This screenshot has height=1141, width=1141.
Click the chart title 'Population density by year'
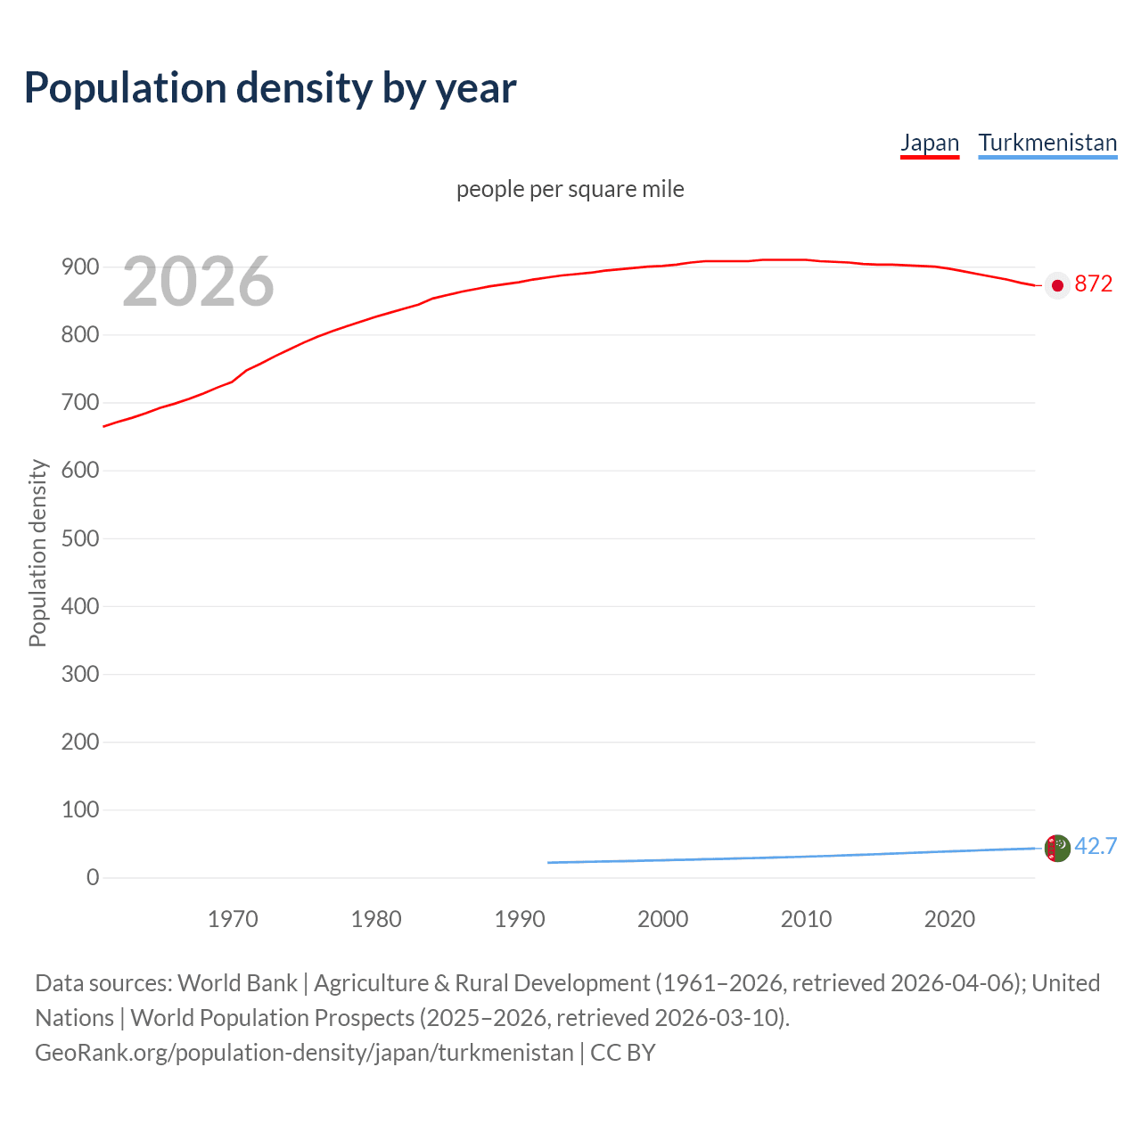pos(270,88)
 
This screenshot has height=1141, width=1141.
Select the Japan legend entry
pos(930,143)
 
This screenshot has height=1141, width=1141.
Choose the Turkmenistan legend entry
pos(1047,143)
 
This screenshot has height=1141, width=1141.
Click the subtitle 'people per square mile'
pos(570,190)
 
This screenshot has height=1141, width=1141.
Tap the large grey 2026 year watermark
pos(198,282)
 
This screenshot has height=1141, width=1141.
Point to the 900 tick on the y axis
pos(80,267)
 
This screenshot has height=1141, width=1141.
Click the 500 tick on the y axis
pos(80,538)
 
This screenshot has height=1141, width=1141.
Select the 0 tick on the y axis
pos(93,877)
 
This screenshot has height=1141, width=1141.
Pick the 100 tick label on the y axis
pos(80,809)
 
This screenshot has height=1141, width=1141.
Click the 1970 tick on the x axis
pos(233,919)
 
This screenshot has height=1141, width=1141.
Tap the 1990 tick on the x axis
pos(520,919)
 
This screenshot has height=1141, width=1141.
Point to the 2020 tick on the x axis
pos(949,919)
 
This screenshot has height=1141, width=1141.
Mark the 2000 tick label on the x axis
pos(663,919)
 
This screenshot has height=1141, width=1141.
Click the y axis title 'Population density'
pos(37,553)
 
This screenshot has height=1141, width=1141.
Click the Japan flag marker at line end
pos(1057,285)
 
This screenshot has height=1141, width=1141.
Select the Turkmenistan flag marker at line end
pos(1057,848)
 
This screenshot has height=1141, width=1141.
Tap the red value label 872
pos(1094,284)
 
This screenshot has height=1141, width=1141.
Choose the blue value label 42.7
pos(1096,846)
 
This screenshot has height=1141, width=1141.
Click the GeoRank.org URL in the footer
pos(304,1053)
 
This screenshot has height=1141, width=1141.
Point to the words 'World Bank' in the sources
pos(237,983)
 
